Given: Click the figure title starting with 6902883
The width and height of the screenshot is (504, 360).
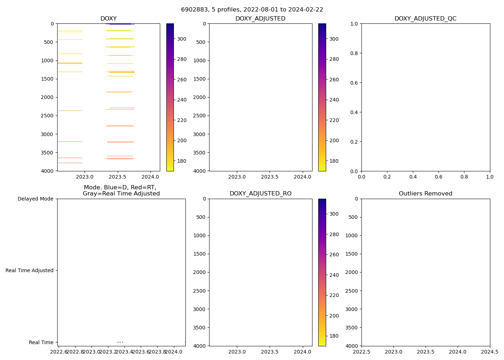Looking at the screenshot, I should coord(252,10).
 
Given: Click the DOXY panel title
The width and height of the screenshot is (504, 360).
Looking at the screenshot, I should coord(108,19).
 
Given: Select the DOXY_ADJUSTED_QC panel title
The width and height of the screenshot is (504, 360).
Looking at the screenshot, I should coord(426,19).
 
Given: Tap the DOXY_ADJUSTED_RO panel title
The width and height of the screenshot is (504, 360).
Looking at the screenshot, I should coord(261,194).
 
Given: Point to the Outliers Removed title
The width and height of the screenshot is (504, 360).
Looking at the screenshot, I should coord(426,194).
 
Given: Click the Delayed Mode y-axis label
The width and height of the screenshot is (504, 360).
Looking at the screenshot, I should coord(35,199).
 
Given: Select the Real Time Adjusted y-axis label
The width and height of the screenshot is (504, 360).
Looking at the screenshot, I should coord(30,270).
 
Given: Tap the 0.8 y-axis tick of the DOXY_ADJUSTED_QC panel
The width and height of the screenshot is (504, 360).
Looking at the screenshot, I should coord(355,53).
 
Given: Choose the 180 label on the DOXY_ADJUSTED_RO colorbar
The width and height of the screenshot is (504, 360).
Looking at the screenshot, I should coord(334,336).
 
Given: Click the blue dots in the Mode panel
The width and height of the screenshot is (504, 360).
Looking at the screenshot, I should coord(120,342).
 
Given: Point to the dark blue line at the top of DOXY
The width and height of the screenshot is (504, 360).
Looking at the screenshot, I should coord(120,24).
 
